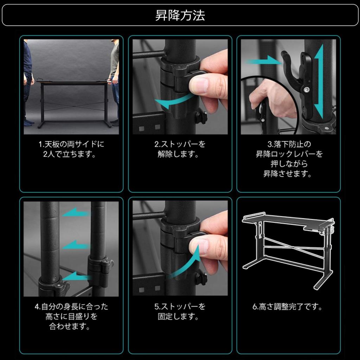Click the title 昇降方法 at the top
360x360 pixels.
180,15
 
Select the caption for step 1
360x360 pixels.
71,149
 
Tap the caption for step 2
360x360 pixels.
180,149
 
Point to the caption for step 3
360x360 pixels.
289,159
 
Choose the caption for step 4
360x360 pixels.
71,316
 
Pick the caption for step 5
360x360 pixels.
180,311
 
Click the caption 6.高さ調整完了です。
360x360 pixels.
288,307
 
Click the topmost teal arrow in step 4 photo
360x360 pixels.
76,212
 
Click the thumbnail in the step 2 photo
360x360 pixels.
198,85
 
